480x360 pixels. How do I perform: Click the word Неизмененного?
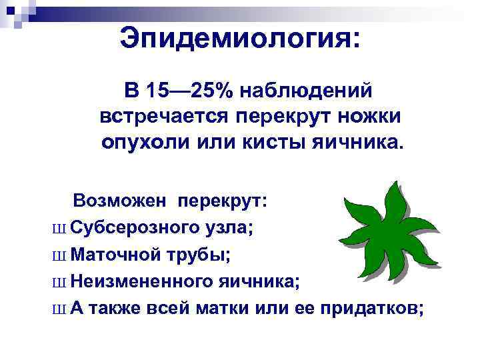(x=142, y=281)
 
